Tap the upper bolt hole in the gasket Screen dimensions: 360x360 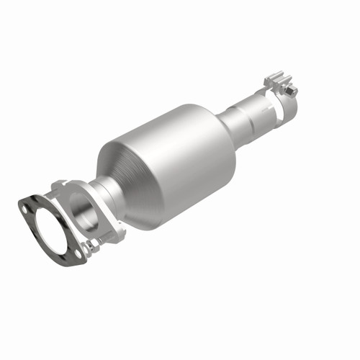[27, 208]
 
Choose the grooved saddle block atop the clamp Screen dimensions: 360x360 [277, 78]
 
